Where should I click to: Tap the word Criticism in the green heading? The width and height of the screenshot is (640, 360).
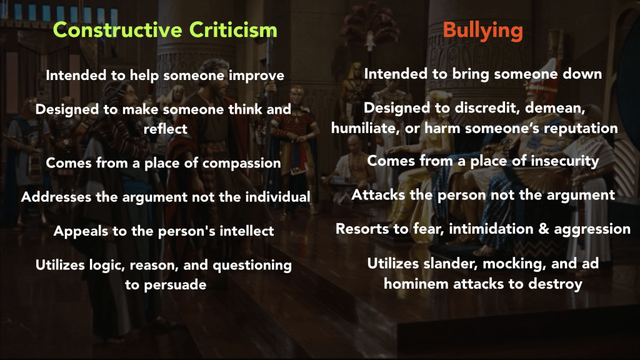click(x=233, y=30)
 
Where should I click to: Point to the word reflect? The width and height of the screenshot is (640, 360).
click(x=165, y=129)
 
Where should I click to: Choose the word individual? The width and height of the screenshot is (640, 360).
click(x=277, y=197)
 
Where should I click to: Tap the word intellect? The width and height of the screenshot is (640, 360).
click(x=247, y=231)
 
